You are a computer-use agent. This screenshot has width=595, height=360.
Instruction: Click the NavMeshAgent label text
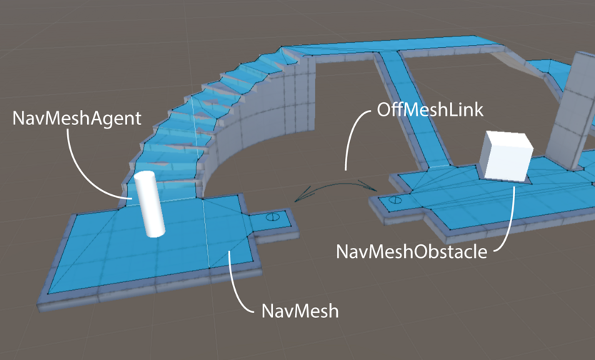[x=76, y=118]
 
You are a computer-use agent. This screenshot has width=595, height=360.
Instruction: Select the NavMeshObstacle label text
[x=411, y=251]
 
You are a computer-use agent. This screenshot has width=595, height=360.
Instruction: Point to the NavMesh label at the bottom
[x=299, y=311]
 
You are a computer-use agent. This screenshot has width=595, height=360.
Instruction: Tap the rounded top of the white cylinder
[x=144, y=177]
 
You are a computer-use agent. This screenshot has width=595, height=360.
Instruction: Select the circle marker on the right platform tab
[x=395, y=201]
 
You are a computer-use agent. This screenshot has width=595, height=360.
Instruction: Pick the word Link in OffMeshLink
[x=465, y=110]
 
